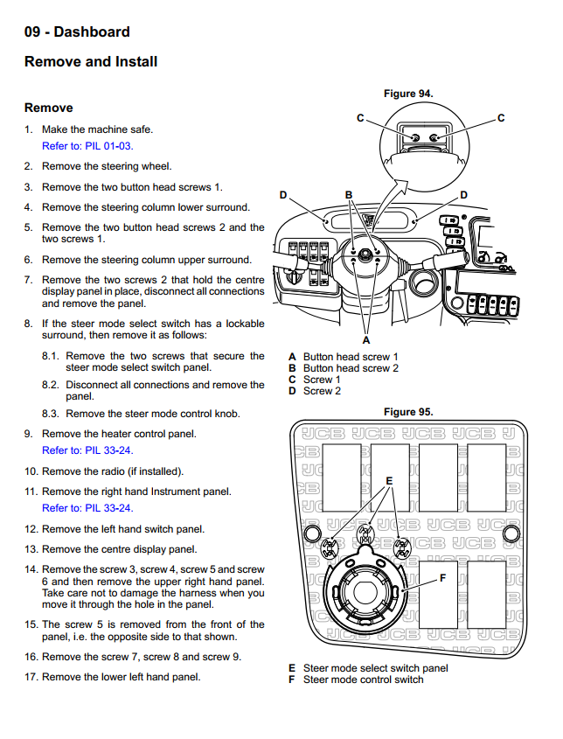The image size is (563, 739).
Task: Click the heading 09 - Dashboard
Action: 77,32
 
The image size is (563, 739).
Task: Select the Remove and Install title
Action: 91,62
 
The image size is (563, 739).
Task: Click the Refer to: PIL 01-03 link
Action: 87,146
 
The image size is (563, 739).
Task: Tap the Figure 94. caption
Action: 408,94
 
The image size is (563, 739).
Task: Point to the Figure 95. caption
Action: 408,412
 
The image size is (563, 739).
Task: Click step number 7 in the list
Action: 29,280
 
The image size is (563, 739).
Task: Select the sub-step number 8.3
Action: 51,414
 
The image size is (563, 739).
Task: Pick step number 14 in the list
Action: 31,569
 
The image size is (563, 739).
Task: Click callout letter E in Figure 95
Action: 389,481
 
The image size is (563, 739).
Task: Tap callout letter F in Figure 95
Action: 442,578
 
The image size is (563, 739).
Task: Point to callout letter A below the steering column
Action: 365,339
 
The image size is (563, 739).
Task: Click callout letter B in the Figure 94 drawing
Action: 348,194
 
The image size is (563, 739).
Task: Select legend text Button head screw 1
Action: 350,357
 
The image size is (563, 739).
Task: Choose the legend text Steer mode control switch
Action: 363,680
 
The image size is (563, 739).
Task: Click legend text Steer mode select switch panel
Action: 375,668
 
